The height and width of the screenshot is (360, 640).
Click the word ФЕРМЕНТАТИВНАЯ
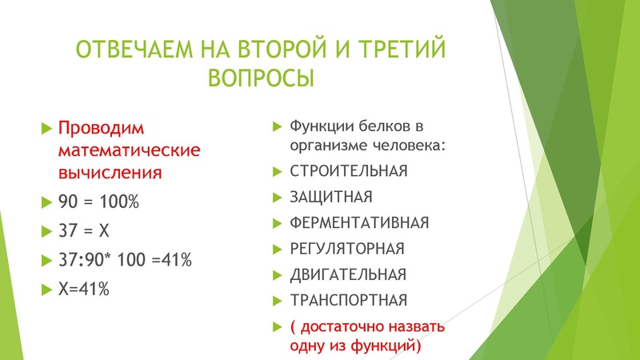359,222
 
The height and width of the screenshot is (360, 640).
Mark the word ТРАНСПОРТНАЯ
348,300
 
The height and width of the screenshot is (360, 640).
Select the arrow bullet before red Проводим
46,129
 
